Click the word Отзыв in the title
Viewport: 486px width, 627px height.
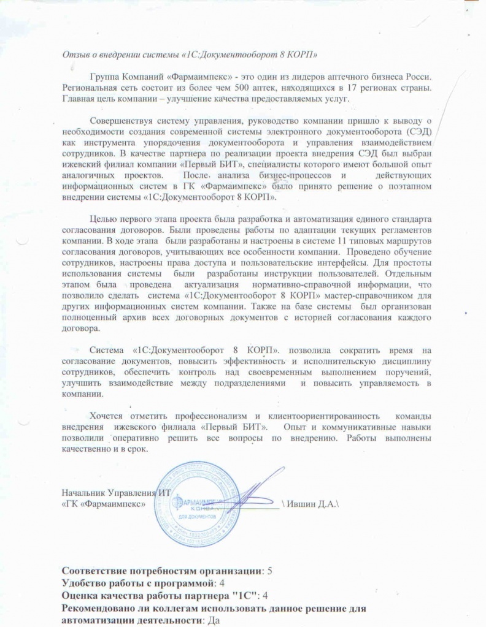[76, 55]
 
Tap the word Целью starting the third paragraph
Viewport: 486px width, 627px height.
[102, 219]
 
